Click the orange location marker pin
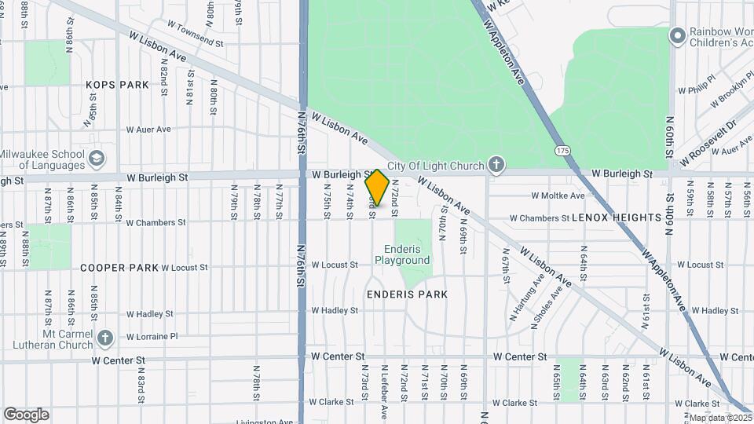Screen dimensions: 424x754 377,188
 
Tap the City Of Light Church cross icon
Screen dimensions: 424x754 496,165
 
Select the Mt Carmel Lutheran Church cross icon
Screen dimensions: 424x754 105,338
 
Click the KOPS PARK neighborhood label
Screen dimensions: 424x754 118,84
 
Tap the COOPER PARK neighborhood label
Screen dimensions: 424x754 119,268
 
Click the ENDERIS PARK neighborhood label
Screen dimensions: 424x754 407,294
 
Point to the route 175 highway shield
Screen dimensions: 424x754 562,149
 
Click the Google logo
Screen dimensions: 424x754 26,415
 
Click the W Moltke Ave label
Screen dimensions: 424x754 558,196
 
